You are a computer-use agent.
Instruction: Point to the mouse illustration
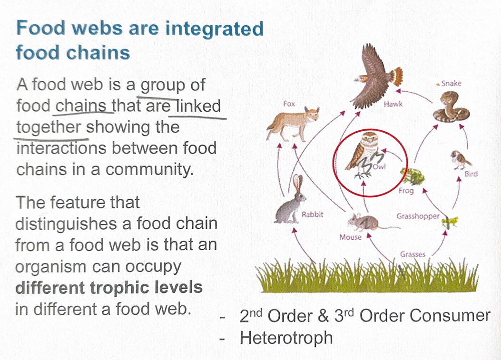pyautogui.click(x=363, y=222)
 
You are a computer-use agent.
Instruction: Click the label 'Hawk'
pyautogui.click(x=393, y=103)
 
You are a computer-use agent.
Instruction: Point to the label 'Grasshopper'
pyautogui.click(x=418, y=216)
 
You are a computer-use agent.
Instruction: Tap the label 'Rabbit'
pyautogui.click(x=313, y=214)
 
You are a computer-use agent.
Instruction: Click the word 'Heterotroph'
pyautogui.click(x=286, y=338)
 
